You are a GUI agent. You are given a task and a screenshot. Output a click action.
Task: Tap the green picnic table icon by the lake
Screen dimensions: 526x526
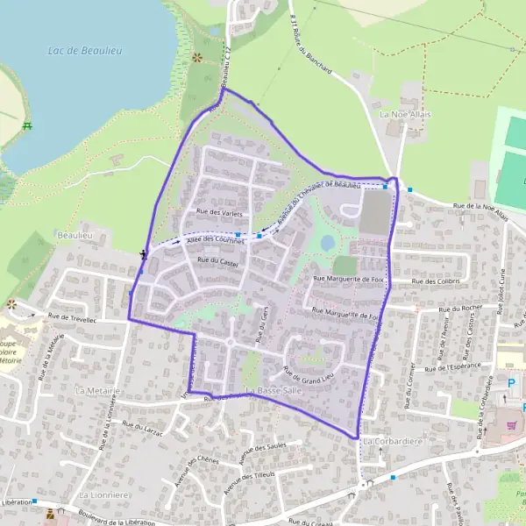(27, 126)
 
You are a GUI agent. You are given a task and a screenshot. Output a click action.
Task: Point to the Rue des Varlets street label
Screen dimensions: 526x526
(219, 213)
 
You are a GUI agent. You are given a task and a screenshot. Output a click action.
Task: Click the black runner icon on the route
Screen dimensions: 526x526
(143, 254)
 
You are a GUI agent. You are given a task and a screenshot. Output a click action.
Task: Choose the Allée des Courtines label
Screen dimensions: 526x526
(213, 239)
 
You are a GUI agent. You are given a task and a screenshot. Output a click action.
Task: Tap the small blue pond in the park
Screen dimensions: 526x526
(327, 242)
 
